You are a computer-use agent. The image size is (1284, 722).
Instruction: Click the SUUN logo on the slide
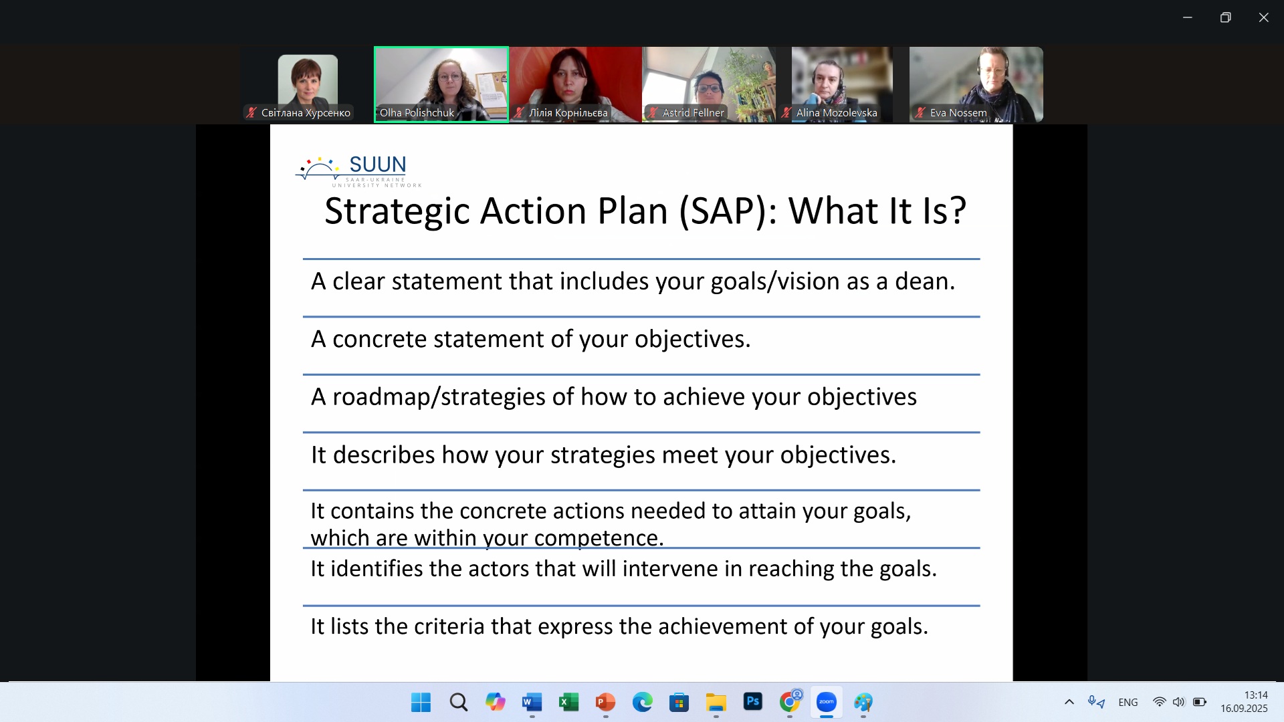click(x=358, y=171)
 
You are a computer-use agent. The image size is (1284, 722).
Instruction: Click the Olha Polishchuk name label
click(x=417, y=113)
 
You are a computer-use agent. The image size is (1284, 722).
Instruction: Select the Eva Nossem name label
click(x=958, y=113)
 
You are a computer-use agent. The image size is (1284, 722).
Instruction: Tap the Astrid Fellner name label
click(x=693, y=113)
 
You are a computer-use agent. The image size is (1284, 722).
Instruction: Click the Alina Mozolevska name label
click(x=837, y=113)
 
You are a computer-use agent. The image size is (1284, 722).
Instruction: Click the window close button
click(x=1263, y=17)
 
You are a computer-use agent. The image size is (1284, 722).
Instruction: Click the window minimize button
click(x=1188, y=17)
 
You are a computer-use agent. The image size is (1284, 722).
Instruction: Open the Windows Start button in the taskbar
click(x=421, y=703)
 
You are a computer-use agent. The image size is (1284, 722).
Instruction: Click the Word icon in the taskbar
click(x=532, y=703)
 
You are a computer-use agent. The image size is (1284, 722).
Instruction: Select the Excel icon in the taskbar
click(x=568, y=703)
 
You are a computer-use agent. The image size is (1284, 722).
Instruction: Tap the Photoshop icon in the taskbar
click(x=753, y=702)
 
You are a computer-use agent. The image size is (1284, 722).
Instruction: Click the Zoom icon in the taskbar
click(x=827, y=702)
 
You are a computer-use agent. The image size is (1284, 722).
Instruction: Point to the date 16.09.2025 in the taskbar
click(x=1244, y=709)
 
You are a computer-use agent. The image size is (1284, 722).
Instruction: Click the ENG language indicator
click(x=1128, y=703)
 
